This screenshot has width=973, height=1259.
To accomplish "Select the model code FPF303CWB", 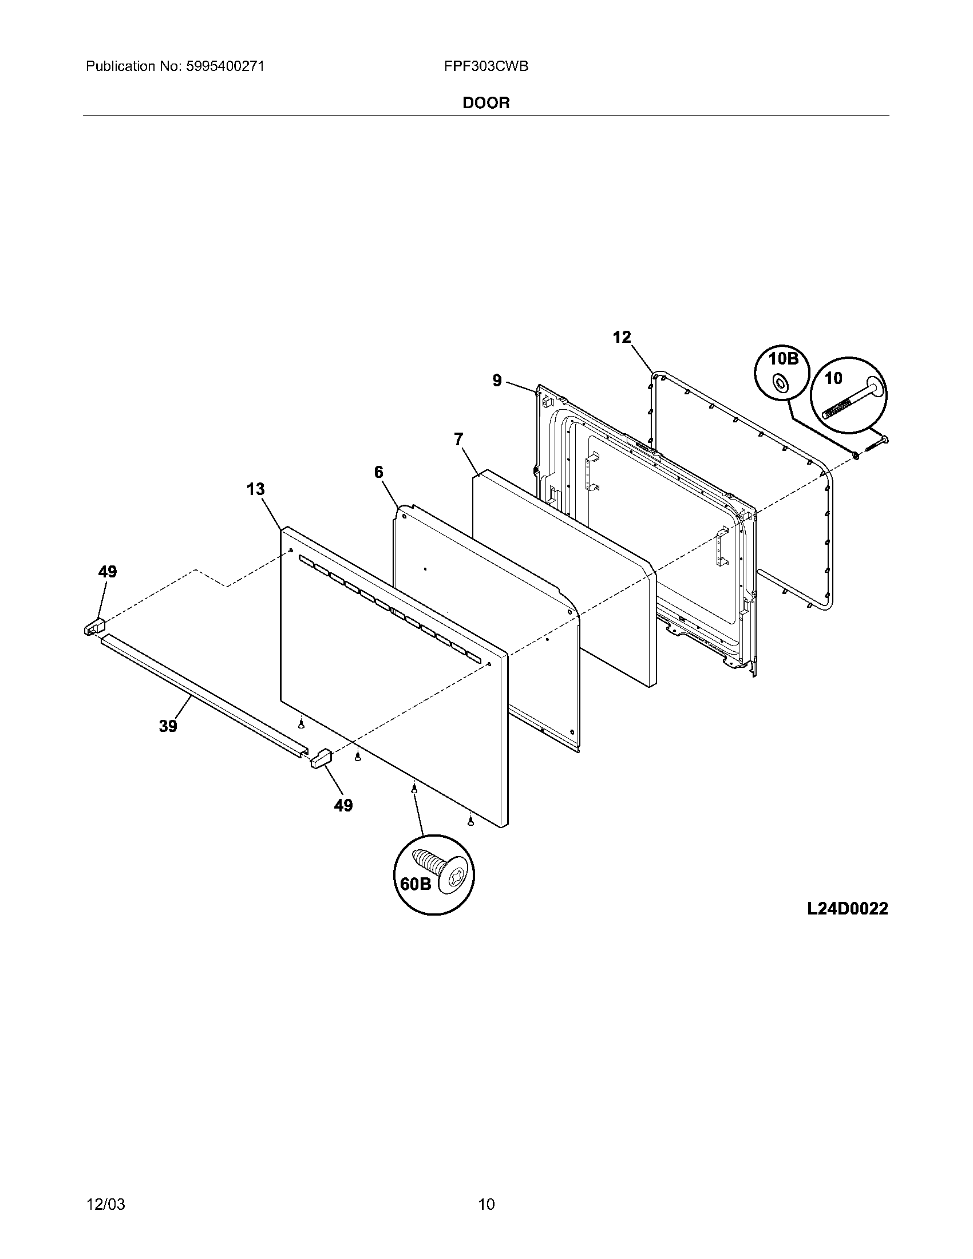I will [x=486, y=67].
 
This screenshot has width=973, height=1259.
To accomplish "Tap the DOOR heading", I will [x=486, y=103].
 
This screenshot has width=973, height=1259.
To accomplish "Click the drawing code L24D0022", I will [x=847, y=909].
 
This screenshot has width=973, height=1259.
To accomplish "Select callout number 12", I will [x=622, y=337].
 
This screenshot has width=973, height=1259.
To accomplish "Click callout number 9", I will [x=497, y=381].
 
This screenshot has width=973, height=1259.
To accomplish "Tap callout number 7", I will [x=458, y=440].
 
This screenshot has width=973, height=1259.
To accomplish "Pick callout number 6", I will [x=379, y=473].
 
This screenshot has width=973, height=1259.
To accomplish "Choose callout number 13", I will [x=255, y=489].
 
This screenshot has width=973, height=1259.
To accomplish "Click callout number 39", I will [x=168, y=726].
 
